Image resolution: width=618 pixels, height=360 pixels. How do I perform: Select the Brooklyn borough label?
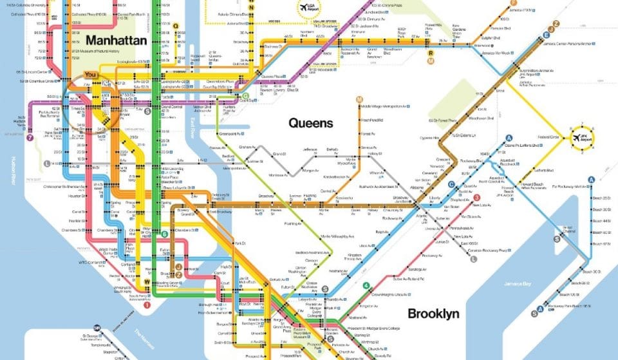432,314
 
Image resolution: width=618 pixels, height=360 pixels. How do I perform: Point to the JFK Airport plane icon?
576,138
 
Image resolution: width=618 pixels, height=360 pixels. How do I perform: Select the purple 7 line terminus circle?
30,138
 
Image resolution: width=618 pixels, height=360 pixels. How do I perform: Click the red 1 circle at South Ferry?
147,305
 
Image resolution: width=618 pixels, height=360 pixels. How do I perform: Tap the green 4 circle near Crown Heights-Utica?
366,285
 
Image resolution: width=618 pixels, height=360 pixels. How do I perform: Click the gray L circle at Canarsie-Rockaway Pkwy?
473,259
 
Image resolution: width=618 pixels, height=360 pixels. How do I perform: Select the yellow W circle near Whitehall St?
147,281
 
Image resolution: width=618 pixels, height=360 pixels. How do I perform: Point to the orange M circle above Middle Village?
359,99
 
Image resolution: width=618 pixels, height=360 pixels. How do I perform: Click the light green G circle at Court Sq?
245,97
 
